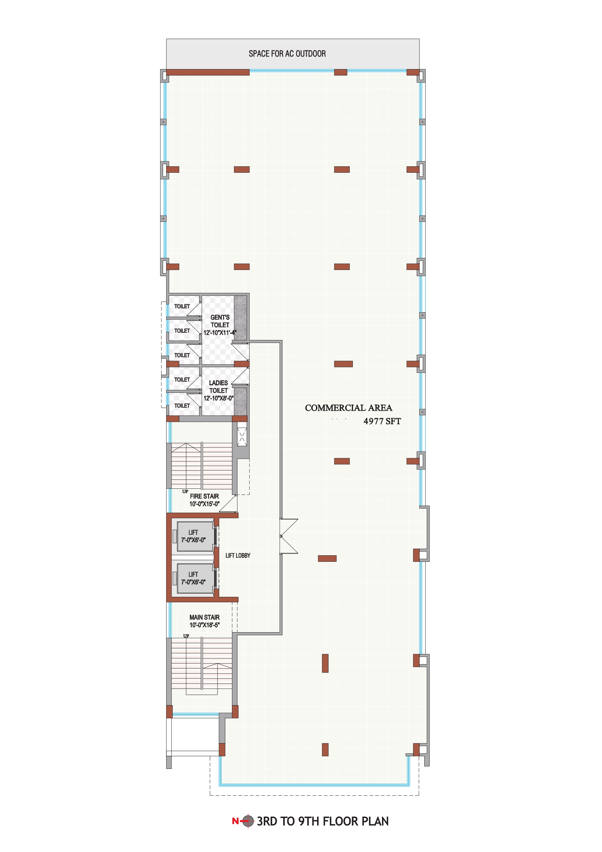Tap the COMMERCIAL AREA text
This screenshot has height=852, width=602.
[348, 408]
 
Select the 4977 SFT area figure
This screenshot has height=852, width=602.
[382, 421]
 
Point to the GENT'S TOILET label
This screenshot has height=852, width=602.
[220, 321]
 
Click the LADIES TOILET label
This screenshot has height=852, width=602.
[219, 387]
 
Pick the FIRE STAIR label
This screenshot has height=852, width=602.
[204, 496]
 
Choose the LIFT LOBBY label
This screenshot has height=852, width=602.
[238, 556]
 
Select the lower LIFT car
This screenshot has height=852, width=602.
[195, 579]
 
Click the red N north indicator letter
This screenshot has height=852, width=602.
[235, 821]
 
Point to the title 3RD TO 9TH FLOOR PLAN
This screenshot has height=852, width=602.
[323, 821]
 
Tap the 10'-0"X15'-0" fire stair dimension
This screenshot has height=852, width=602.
[204, 504]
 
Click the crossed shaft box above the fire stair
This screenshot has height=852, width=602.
[242, 437]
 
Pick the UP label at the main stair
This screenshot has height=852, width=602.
[186, 636]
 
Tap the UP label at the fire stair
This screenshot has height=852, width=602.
[185, 492]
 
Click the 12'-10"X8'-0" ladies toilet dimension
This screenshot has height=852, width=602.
[219, 398]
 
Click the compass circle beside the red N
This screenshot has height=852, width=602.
[248, 821]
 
